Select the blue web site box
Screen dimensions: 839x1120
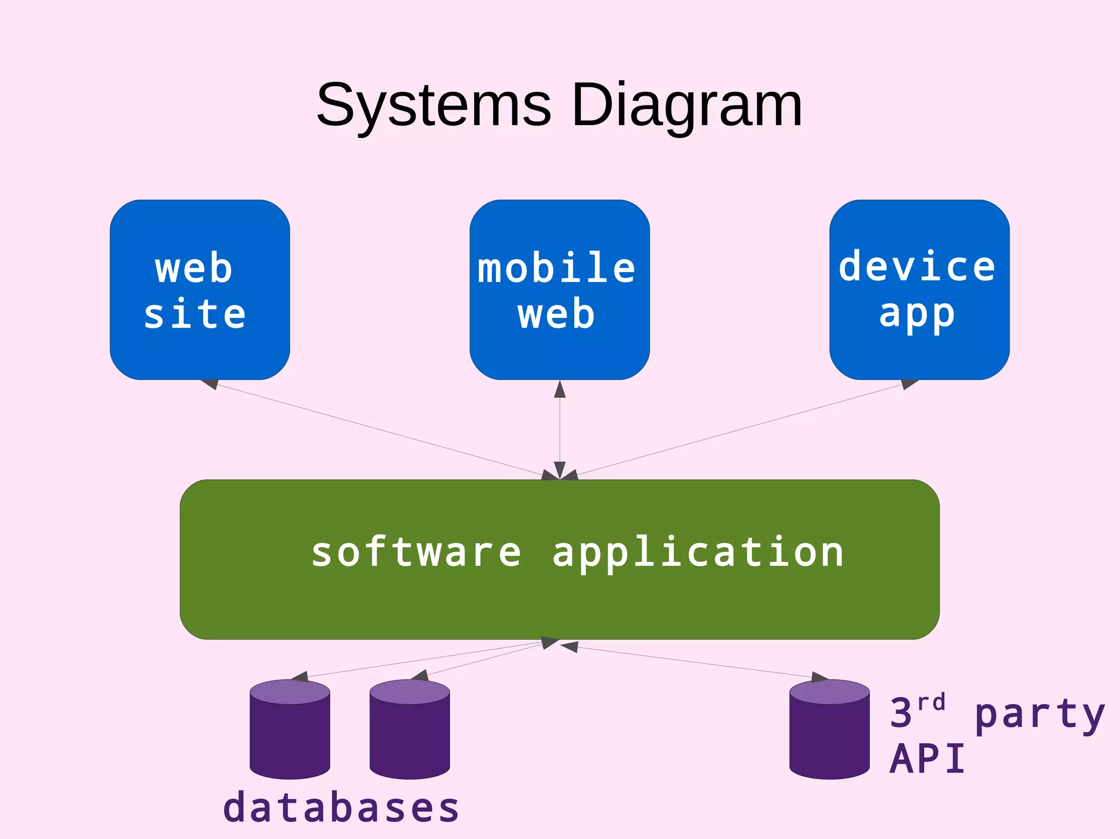[200, 290]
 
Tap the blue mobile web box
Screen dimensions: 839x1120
[559, 290]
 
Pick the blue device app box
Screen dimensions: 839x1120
[919, 290]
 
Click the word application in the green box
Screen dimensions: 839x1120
[698, 553]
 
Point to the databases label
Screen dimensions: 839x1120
[341, 808]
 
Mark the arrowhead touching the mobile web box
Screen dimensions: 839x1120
[559, 389]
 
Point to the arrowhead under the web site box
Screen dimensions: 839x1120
[210, 384]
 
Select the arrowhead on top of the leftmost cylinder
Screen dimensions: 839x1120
[300, 677]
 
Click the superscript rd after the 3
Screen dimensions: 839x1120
[931, 702]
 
